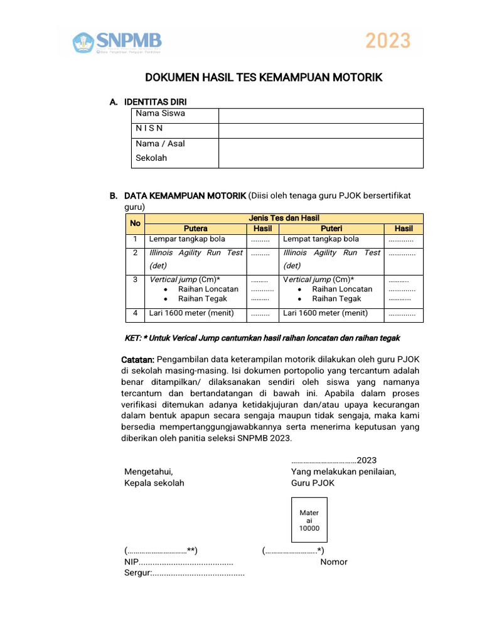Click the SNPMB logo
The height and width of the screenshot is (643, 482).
(117, 42)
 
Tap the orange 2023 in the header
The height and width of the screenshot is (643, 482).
(388, 41)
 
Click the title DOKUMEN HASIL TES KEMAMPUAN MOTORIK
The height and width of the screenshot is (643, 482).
(264, 77)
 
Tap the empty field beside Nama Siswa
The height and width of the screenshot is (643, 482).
(321, 116)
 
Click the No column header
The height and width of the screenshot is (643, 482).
(135, 223)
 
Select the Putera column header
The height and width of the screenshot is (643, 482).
(196, 229)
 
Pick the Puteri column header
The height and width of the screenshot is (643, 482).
(331, 229)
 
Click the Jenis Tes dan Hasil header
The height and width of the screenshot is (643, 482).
(284, 218)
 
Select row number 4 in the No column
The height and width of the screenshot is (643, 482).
(135, 313)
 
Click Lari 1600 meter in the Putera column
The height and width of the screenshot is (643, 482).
(191, 313)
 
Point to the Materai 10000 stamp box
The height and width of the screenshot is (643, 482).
(309, 520)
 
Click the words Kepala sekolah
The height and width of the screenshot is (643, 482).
(154, 483)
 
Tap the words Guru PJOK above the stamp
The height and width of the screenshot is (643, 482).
(313, 483)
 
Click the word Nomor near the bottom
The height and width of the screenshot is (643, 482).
(334, 562)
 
